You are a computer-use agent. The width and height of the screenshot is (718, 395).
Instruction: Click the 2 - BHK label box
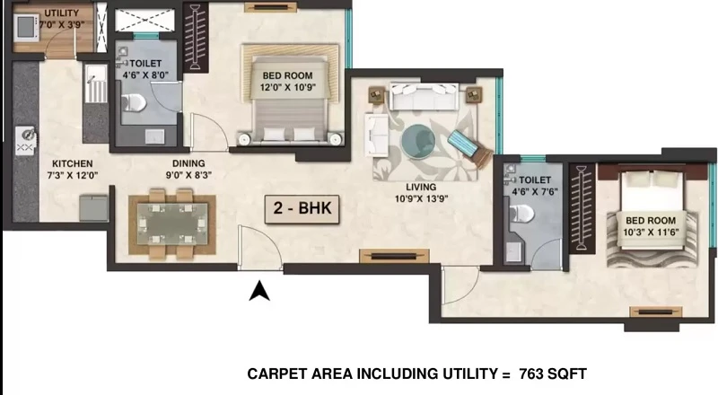302,209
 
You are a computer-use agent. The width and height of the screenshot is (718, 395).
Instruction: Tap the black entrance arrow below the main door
259,291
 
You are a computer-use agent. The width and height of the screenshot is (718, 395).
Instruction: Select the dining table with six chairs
172,224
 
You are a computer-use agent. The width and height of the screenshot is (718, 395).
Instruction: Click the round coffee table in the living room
418,142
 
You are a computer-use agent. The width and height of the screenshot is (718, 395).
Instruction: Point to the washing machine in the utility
27,27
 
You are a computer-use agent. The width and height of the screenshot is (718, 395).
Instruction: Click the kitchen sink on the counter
25,141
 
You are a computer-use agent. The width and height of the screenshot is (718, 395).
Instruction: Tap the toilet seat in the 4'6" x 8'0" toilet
134,102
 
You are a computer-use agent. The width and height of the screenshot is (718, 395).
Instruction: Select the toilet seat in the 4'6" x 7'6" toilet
521,213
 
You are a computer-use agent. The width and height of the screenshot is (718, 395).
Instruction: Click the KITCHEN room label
73,163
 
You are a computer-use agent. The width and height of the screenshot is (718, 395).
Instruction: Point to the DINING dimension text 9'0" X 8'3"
188,175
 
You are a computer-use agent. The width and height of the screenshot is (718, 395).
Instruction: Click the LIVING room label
421,187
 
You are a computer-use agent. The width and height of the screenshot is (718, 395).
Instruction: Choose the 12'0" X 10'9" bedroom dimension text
287,87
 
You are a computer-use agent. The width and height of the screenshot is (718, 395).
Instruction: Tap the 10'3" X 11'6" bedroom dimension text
651,233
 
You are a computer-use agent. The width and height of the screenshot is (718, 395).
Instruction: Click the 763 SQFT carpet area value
553,374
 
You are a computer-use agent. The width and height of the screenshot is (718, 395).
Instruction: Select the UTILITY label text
61,13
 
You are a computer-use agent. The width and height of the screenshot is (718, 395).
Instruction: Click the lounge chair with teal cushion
469,147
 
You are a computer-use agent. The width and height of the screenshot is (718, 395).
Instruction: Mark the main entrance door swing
259,248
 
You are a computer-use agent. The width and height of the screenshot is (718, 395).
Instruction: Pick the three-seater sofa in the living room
424,96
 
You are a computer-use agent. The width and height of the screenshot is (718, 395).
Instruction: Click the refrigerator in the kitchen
93,208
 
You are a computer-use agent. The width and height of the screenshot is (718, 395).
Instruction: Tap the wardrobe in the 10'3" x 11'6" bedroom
582,208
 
